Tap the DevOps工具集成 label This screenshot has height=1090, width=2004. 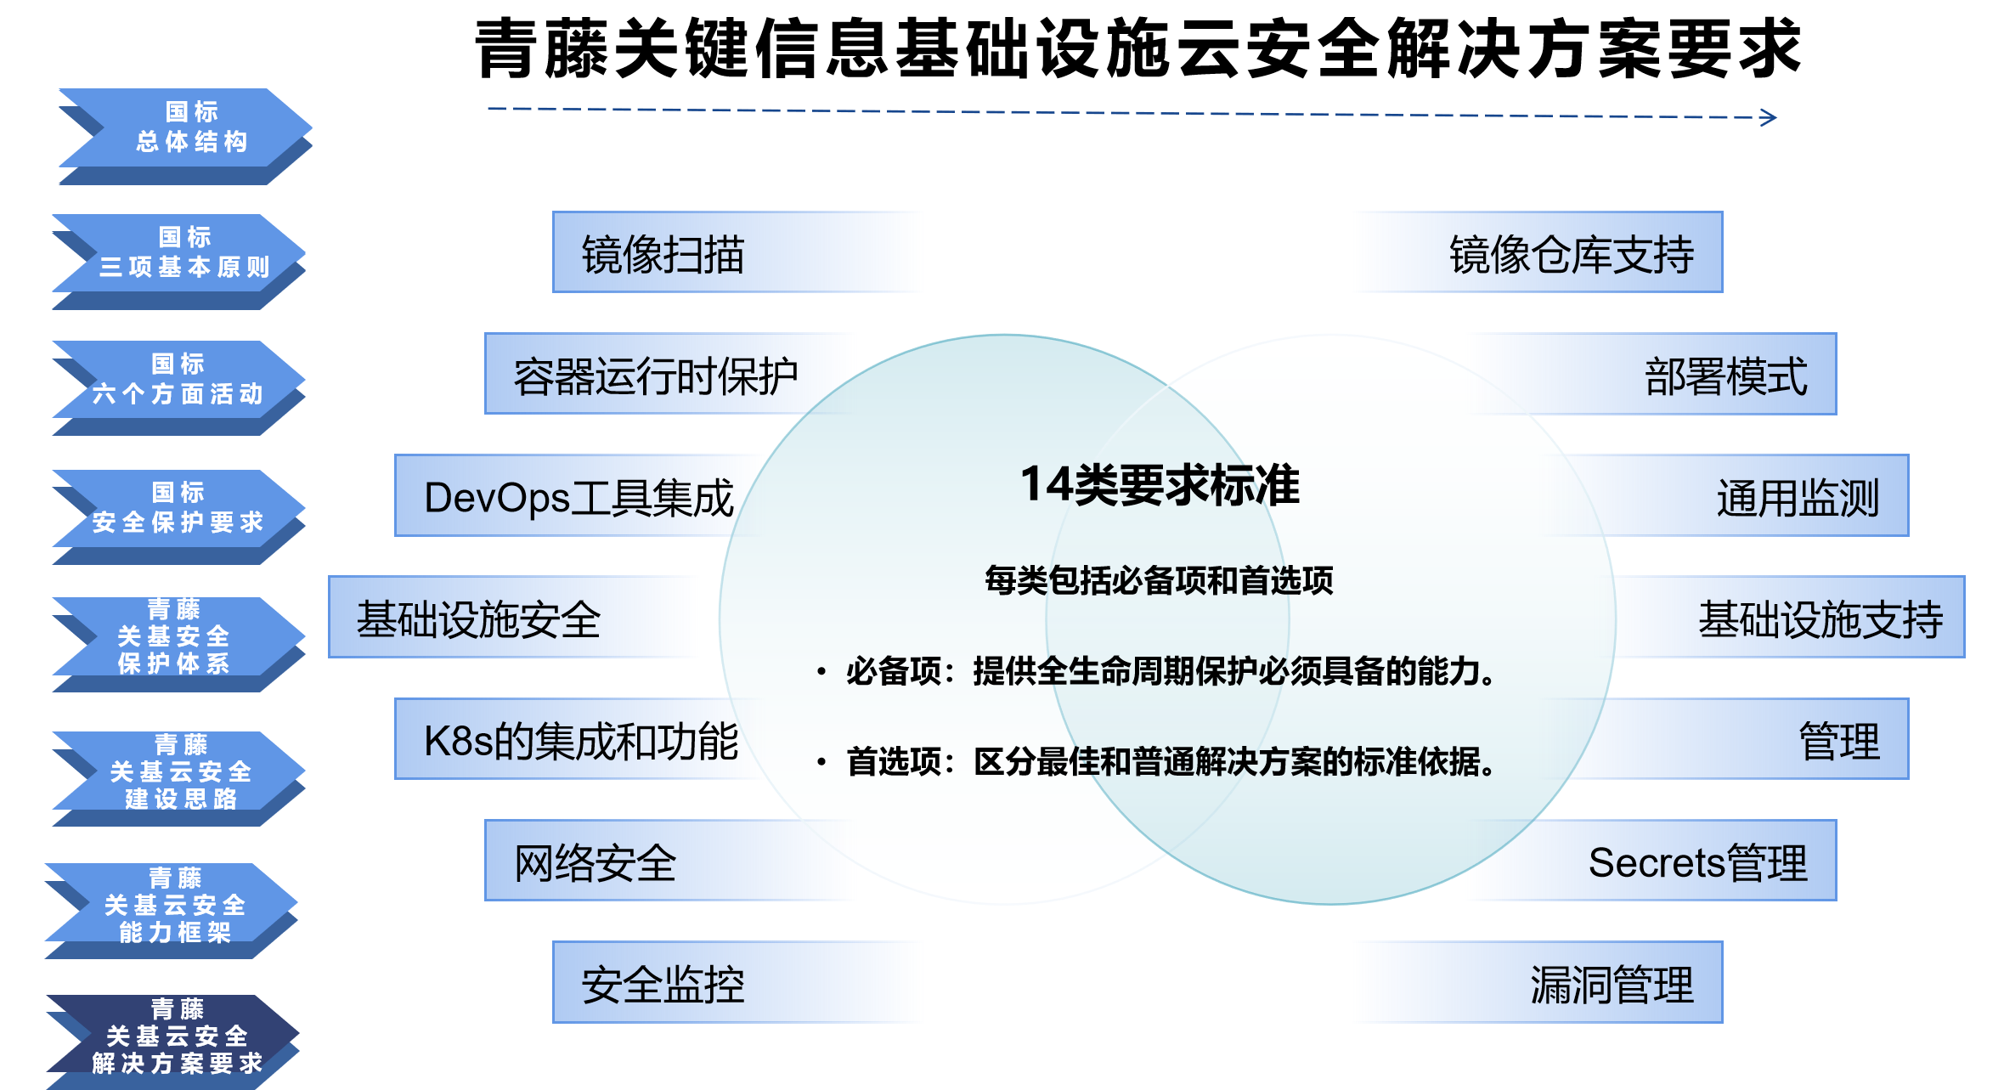point(578,497)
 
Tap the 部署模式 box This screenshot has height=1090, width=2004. point(1652,374)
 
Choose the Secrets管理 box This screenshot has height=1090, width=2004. point(1652,861)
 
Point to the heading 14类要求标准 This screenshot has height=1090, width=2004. point(1160,485)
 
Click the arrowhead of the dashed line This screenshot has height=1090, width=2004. point(1769,117)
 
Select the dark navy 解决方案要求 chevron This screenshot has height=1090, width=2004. point(173,1042)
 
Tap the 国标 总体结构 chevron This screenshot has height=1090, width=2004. point(185,136)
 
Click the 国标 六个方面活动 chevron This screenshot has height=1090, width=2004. point(178,388)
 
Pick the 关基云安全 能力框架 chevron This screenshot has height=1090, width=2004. point(172,911)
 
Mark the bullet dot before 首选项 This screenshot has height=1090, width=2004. point(821,761)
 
